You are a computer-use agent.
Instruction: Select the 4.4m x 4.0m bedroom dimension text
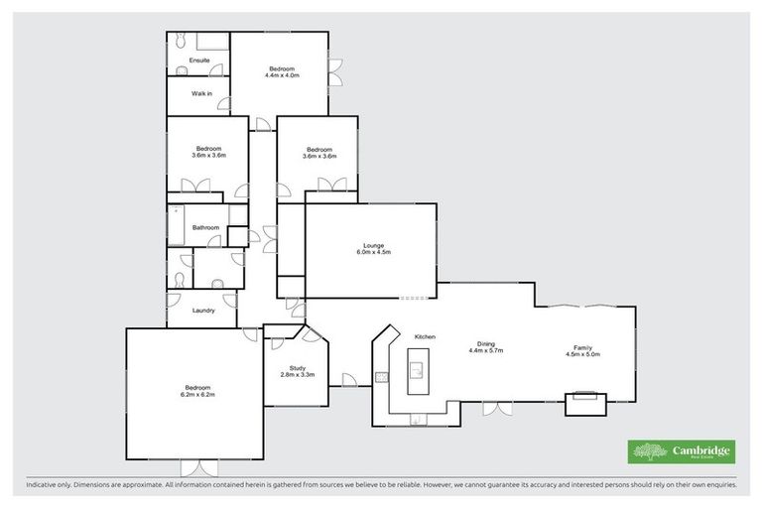[x=282, y=74]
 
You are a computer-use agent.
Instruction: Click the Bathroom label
[x=205, y=227]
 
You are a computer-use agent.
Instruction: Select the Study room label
[x=297, y=366]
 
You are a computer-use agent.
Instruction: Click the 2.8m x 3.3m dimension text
[x=297, y=374]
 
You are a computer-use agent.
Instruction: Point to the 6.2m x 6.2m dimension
[x=196, y=394]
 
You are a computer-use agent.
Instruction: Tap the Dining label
[x=485, y=343]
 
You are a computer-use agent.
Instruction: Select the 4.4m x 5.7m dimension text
[x=485, y=350]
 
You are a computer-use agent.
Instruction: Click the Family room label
[x=582, y=347]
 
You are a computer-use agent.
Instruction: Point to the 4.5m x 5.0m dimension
[x=582, y=354]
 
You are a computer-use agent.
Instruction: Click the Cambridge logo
[x=682, y=451]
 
